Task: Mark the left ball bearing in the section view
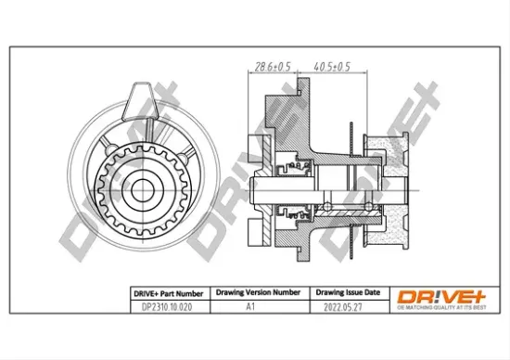tap(327, 203)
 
